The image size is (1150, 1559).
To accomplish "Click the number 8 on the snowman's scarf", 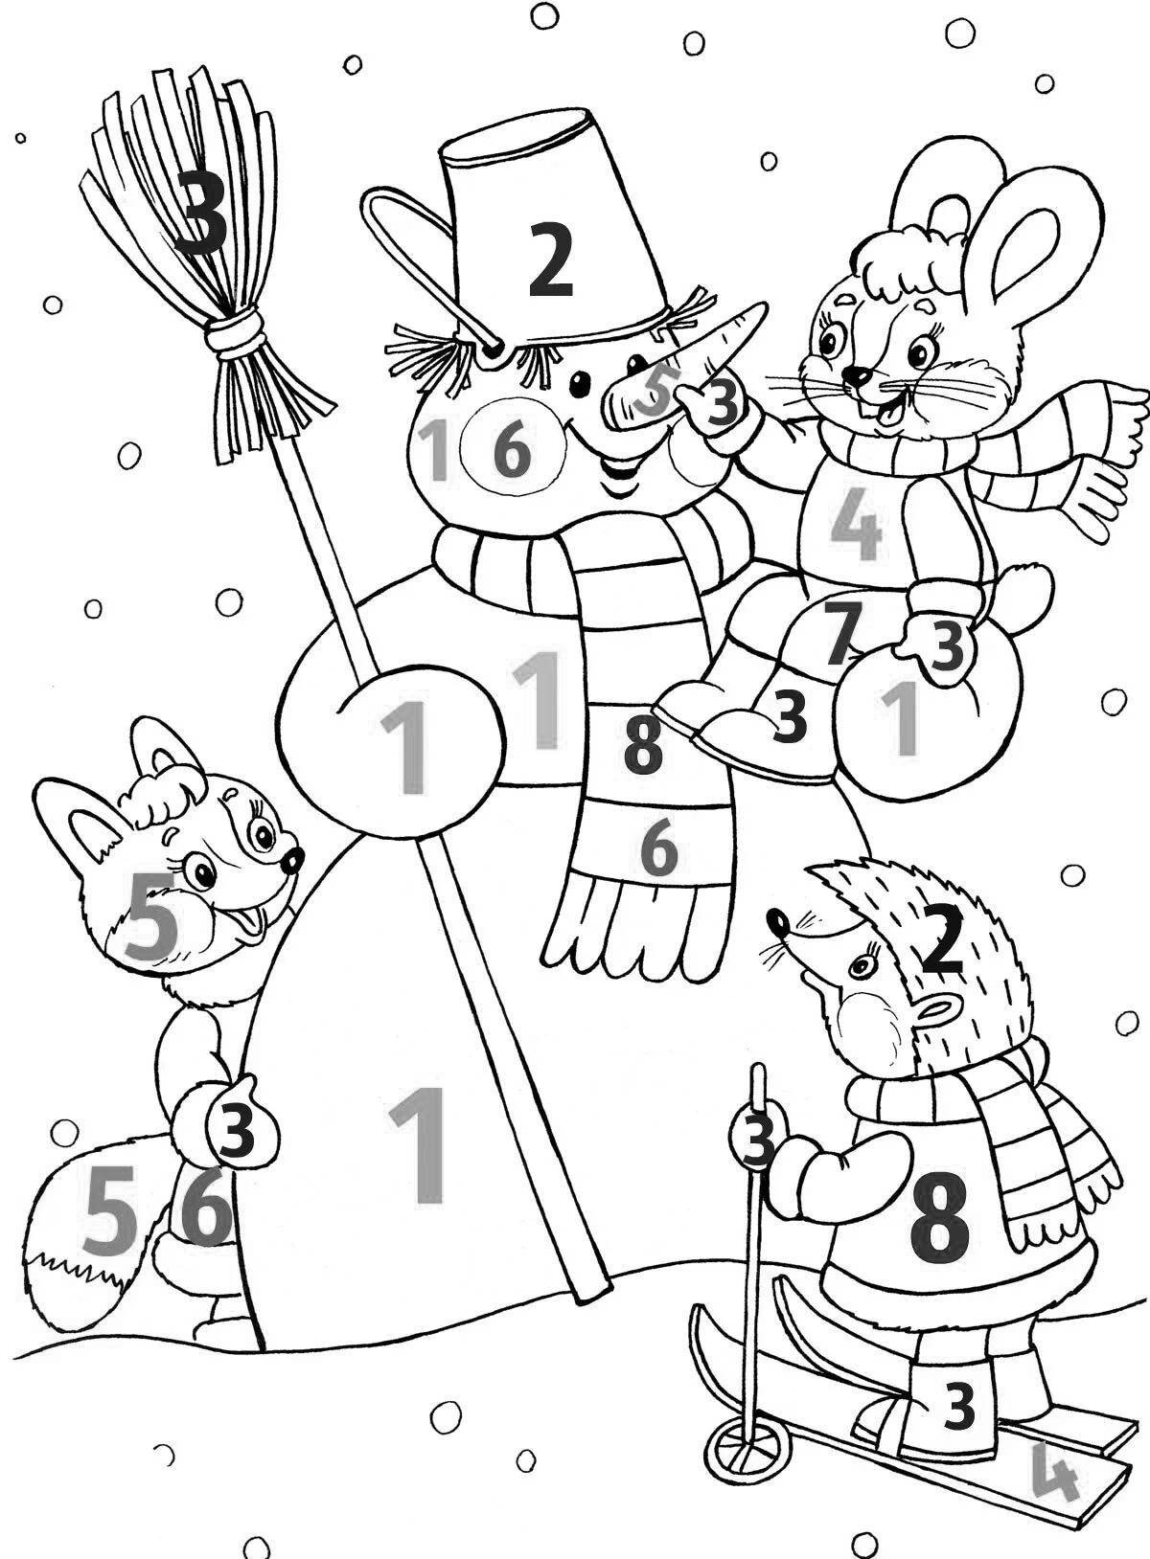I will tap(642, 747).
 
